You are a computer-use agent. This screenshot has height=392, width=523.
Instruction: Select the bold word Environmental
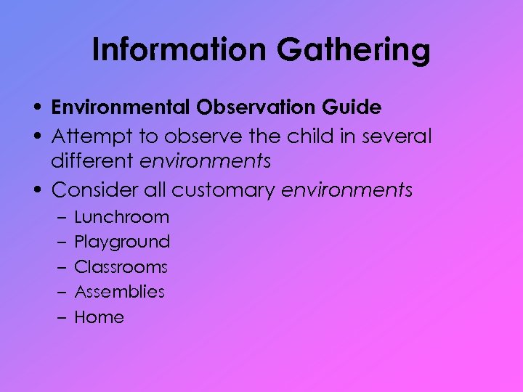click(x=121, y=107)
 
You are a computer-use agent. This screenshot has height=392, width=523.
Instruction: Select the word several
click(x=397, y=136)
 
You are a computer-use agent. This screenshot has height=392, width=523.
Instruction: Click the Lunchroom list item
click(x=122, y=217)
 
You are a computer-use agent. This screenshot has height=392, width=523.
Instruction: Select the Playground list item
click(x=122, y=242)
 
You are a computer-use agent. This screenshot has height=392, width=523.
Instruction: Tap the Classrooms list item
click(x=121, y=267)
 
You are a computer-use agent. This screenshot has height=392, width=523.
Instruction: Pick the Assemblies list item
click(x=120, y=292)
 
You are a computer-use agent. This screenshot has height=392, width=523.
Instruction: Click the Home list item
click(x=100, y=317)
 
